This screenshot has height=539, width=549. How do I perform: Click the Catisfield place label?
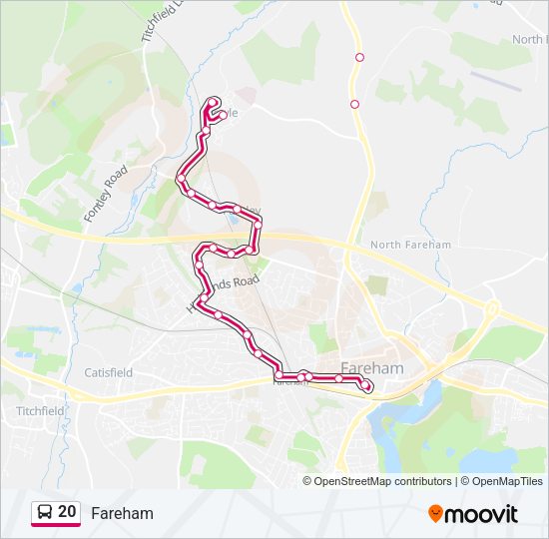pos(108,372)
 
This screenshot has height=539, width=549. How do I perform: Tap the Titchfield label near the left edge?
pos(40,410)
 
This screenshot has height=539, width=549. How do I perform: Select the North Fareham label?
pos(410,245)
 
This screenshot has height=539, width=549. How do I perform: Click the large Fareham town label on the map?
pos(371,367)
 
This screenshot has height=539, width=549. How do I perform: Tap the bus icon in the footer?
pos(45,512)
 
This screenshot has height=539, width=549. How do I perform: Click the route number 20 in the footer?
pos(67,512)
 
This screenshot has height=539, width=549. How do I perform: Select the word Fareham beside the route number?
pos(122,513)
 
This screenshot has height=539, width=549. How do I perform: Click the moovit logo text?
pos(482,513)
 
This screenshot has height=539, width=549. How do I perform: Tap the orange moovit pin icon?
pos(436,513)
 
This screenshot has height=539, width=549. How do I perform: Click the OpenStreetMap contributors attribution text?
pos(382,481)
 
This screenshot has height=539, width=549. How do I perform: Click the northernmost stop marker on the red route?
pos(213,101)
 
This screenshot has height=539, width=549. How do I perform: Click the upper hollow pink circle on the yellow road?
pos(359,57)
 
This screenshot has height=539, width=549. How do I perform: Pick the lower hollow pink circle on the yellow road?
pos(354,103)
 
